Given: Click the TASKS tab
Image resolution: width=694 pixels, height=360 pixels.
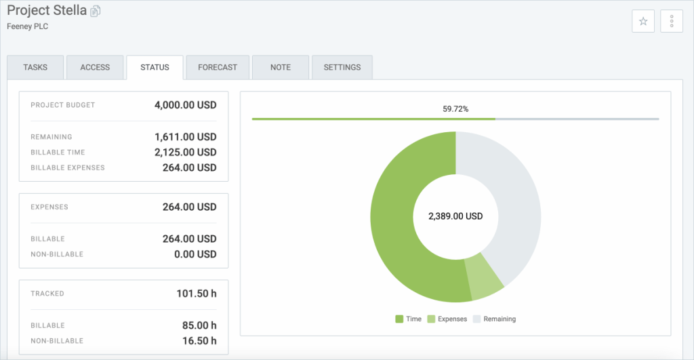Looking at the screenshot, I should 35,68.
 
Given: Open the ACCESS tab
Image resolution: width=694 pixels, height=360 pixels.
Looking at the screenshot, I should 95,68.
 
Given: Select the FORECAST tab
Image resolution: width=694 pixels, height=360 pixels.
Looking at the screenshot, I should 218,68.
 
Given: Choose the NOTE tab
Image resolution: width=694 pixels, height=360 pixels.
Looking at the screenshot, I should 280,68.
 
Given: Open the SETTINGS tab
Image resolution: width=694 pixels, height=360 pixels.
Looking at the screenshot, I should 342,68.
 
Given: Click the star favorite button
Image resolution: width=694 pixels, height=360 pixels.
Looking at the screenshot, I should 643,22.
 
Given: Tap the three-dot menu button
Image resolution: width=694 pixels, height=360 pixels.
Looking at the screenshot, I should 671,22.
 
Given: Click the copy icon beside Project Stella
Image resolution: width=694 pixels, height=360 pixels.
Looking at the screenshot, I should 96,11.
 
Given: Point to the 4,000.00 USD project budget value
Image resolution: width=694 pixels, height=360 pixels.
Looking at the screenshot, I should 185,105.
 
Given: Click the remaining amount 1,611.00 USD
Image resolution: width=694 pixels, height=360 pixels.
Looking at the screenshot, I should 185,137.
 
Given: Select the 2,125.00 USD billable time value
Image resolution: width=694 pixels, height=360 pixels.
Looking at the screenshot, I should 185,153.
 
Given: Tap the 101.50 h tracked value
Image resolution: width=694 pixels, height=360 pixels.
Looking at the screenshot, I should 197,294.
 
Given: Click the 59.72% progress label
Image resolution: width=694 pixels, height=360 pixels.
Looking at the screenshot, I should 455,108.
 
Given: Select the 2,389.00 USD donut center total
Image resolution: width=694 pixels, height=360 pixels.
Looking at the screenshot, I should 455,216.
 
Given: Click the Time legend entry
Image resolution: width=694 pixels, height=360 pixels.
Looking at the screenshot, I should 409,319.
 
